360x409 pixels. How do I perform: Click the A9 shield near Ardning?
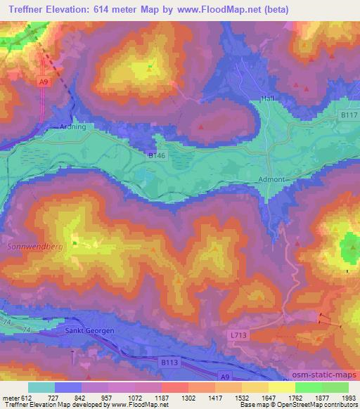click(x=44, y=82)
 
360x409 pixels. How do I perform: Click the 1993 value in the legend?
click(x=340, y=398)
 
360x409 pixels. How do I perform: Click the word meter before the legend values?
click(x=9, y=398)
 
